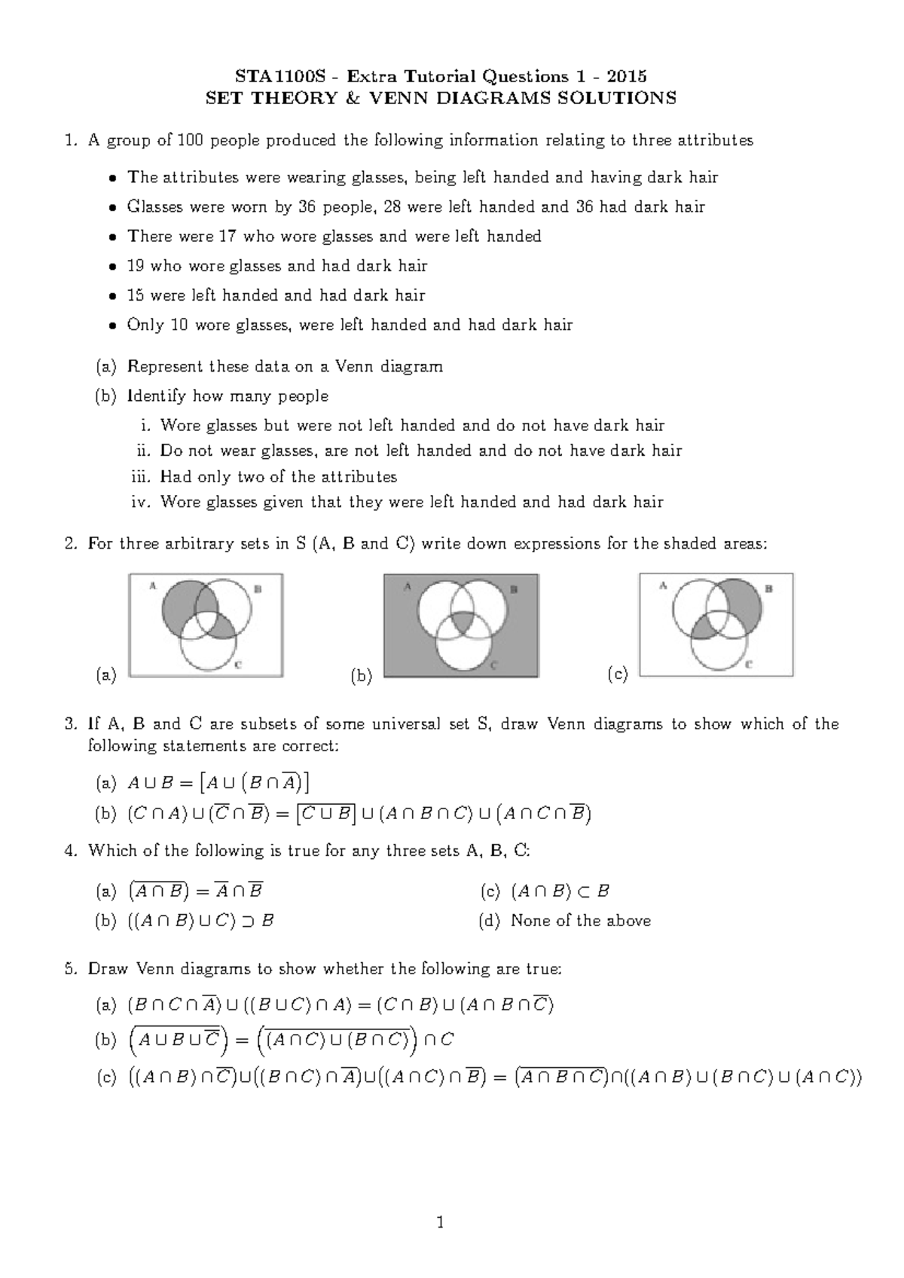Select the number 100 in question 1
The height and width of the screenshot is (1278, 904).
pyautogui.click(x=186, y=140)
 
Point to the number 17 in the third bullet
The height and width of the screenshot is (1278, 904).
pyautogui.click(x=227, y=236)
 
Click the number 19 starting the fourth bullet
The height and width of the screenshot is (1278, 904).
pyautogui.click(x=136, y=265)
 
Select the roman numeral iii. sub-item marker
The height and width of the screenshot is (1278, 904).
pyautogui.click(x=142, y=476)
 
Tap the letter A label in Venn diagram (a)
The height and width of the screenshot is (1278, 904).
pyautogui.click(x=153, y=585)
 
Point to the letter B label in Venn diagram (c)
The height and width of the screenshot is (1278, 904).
pyautogui.click(x=768, y=589)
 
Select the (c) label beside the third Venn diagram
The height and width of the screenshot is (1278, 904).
pyautogui.click(x=617, y=675)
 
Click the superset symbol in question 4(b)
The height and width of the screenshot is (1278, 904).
pyautogui.click(x=245, y=921)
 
